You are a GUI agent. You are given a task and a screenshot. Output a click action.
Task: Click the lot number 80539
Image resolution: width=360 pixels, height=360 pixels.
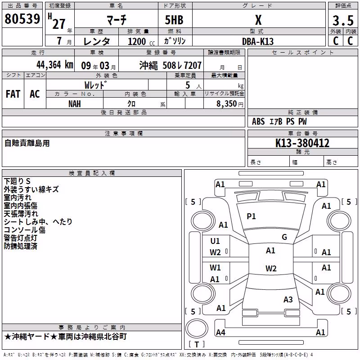tap(22, 18)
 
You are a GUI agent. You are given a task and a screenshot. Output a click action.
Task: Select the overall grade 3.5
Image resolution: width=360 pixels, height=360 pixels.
tap(343, 20)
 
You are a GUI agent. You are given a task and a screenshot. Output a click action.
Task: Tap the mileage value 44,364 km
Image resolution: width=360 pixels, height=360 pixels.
tap(55, 65)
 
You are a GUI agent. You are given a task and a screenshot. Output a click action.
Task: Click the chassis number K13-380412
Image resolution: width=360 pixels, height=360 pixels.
tap(302, 143)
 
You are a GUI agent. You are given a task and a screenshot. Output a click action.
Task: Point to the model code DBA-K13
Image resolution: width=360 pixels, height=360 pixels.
tap(258, 41)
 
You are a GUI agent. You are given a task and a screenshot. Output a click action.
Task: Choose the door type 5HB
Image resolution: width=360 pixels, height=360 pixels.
tap(174, 20)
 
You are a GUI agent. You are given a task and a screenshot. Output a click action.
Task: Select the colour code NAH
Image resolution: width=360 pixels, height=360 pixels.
tap(75, 104)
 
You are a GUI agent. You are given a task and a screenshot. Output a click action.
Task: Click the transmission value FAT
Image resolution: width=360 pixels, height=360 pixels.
tap(13, 94)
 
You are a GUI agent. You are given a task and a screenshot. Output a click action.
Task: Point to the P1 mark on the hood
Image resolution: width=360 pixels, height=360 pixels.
tap(251, 216)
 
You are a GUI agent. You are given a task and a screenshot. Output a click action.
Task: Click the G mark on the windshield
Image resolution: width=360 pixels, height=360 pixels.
tap(284, 237)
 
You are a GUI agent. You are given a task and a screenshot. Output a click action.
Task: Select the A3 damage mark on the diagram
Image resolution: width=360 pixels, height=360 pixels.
tap(288, 299)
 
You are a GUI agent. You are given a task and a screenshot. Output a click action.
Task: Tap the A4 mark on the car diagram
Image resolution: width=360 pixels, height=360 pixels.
tap(220, 332)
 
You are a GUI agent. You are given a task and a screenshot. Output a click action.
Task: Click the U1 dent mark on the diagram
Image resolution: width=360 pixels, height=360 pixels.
tap(215, 241)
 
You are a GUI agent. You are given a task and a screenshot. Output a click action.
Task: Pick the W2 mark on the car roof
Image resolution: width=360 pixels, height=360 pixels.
tap(271, 268)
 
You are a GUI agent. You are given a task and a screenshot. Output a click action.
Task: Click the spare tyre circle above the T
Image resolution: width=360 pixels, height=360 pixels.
tap(197, 328)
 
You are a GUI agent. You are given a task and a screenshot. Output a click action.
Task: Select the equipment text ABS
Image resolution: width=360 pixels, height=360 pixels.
tap(258, 121)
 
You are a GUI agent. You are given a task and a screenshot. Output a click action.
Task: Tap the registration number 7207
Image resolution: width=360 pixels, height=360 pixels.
tap(193, 65)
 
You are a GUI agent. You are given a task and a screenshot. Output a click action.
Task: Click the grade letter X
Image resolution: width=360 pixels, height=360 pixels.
tap(258, 20)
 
